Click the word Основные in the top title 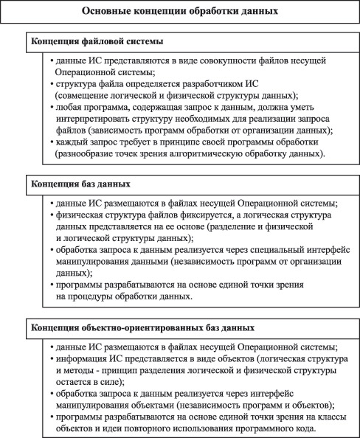tap(105, 12)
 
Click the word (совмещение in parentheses tap(81, 97)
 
